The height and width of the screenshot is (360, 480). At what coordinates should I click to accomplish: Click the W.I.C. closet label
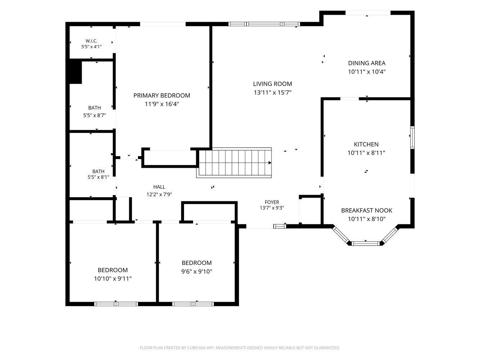(x=91, y=41)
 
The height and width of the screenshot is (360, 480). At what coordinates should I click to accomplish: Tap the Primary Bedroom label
(x=162, y=95)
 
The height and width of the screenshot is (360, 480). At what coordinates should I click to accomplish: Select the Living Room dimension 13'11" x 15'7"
(x=273, y=93)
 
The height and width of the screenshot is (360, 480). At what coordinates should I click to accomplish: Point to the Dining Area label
(x=367, y=63)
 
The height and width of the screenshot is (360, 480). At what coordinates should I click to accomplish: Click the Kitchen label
(x=366, y=144)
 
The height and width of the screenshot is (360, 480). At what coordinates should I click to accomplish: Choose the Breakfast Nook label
(x=367, y=211)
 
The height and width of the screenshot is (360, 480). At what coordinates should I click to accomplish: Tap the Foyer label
(x=272, y=202)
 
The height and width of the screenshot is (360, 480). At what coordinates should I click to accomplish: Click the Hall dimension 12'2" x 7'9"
(x=159, y=194)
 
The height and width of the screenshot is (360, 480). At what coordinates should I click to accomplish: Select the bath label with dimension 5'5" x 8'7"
(x=94, y=108)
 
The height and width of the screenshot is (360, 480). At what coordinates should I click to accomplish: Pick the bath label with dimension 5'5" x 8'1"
(x=98, y=171)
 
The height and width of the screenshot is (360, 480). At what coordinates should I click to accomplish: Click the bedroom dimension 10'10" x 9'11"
(x=113, y=279)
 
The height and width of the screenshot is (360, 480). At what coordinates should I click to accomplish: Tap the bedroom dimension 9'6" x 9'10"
(x=197, y=271)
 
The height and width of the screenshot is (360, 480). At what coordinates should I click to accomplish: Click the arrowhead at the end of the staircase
(x=270, y=163)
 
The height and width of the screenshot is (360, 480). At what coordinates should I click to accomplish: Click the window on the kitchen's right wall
(x=412, y=138)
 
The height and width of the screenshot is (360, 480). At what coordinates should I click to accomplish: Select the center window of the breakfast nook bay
(x=365, y=243)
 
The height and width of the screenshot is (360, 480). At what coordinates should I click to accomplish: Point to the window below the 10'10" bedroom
(x=116, y=304)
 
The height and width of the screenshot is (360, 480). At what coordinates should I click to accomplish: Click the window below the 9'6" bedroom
(x=193, y=304)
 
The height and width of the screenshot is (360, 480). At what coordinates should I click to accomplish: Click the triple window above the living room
(x=264, y=24)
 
